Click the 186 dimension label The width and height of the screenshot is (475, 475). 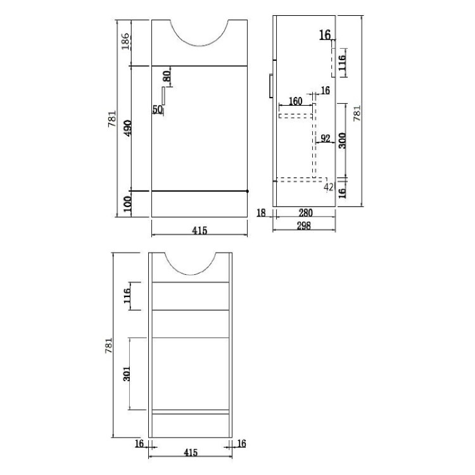pyautogui.click(x=125, y=42)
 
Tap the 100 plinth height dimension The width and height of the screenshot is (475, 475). pyautogui.click(x=127, y=205)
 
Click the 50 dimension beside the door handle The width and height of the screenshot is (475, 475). pyautogui.click(x=158, y=110)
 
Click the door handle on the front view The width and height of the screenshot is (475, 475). pyautogui.click(x=163, y=96)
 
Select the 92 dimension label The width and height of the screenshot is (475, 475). pyautogui.click(x=325, y=139)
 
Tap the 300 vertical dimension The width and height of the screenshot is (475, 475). pyautogui.click(x=342, y=140)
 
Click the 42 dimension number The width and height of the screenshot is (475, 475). pyautogui.click(x=329, y=187)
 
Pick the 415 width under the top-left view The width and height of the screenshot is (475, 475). pyautogui.click(x=199, y=231)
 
